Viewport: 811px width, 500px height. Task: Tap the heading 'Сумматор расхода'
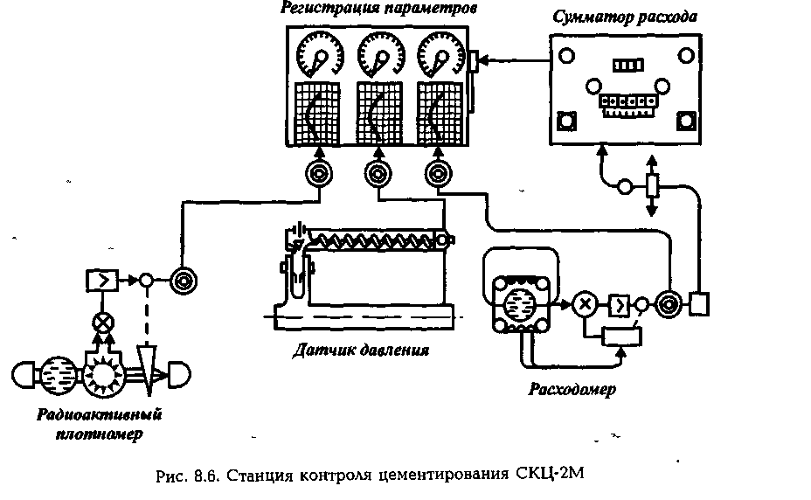pos(626,17)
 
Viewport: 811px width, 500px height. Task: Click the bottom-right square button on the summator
pos(685,121)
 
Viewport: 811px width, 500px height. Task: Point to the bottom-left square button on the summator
pos(568,121)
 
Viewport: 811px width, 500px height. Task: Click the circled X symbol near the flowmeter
pos(585,304)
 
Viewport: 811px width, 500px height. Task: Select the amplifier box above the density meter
pos(97,281)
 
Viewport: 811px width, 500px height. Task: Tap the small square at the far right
pos(701,303)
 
